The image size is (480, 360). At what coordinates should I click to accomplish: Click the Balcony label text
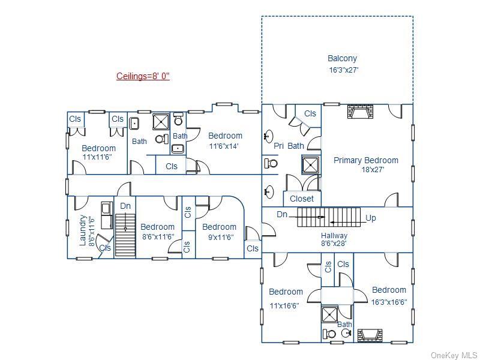point(342,58)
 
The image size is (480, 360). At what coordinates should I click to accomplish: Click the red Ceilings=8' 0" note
point(143,76)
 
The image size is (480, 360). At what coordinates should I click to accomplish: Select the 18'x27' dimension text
point(373,170)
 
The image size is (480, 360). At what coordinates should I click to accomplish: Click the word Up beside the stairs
point(371,218)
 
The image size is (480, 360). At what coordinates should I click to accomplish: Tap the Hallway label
point(334,236)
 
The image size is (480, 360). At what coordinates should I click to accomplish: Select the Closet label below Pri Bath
point(301,199)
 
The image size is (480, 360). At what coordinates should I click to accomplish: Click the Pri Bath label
point(288,146)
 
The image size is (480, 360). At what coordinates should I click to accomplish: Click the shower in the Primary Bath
point(310,164)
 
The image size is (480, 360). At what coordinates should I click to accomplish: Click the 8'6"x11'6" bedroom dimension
point(157,237)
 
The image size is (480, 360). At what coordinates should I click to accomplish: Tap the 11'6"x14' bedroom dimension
point(224,146)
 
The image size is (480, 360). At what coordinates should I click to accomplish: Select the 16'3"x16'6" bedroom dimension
point(389,302)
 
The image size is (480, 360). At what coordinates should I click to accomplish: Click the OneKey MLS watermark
point(454,355)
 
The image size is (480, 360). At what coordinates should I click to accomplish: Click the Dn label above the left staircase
point(125,206)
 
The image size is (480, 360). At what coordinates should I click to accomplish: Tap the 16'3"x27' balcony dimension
point(343,70)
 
